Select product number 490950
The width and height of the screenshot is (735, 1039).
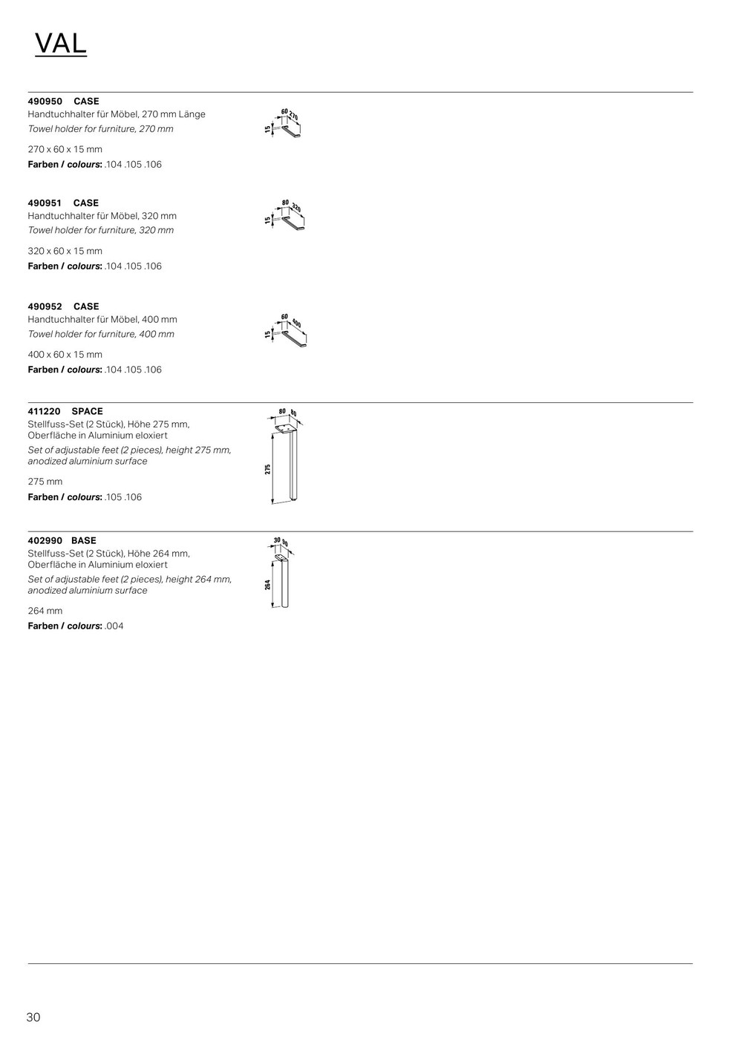45,101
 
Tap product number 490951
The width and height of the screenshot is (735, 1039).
45,203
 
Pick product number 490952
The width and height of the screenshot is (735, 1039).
45,306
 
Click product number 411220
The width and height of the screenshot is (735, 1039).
45,411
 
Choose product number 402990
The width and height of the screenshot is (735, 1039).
45,540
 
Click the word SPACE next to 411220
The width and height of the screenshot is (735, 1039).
87,411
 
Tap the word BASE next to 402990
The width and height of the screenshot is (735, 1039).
84,540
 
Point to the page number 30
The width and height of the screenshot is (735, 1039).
33,1017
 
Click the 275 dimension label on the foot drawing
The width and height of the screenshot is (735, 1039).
268,469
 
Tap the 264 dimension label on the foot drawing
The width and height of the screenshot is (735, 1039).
267,585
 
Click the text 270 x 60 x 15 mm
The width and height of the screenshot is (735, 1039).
65,149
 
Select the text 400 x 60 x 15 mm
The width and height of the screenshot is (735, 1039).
65,354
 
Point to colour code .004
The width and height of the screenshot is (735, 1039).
114,626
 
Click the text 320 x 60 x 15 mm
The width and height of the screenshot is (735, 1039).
65,251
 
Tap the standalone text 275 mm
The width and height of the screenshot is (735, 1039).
45,482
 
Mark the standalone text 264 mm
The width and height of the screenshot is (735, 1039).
45,611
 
